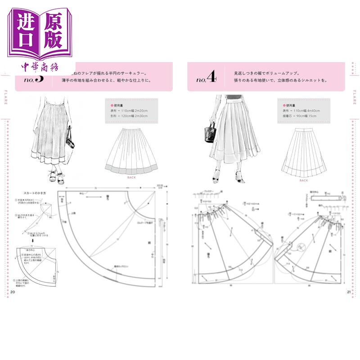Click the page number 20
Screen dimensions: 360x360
click(13, 292)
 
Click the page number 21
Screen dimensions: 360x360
click(348, 292)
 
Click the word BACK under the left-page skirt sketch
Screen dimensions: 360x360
click(131, 177)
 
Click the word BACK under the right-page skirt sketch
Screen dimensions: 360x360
click(304, 180)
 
